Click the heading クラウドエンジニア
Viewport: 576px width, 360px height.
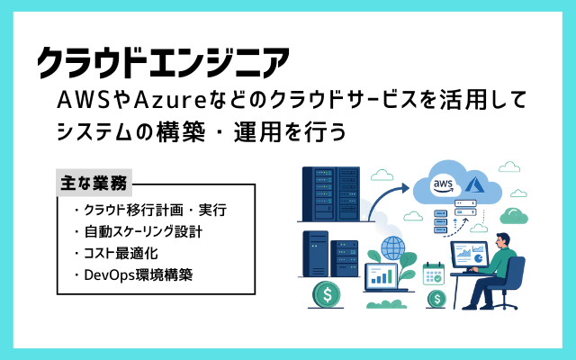pos(164,62)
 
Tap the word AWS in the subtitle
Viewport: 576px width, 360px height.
pos(84,100)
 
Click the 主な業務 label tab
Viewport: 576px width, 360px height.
pos(94,183)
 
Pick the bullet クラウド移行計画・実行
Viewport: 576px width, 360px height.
pos(150,210)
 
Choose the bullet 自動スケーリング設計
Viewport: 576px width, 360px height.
pos(139,232)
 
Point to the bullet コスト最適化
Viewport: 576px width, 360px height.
pos(116,254)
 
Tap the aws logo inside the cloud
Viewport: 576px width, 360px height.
pos(444,185)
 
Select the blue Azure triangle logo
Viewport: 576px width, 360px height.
pos(476,184)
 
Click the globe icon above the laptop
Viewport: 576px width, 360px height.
pos(393,248)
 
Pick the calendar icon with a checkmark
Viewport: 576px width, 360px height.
pos(434,274)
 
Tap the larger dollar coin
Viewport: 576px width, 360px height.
pos(327,294)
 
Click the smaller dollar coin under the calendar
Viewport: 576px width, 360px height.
pos(436,299)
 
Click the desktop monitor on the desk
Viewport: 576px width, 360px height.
pos(470,254)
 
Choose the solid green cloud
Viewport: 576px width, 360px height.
pos(514,216)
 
